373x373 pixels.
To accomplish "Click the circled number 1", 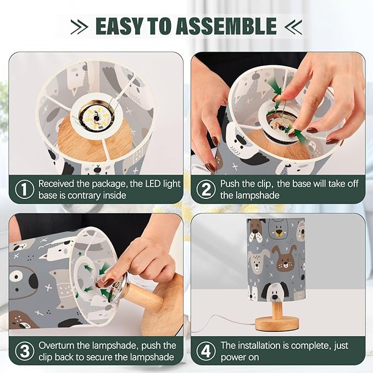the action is (25, 190).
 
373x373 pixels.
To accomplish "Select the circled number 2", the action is (206, 190).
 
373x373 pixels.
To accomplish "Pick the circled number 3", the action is (25, 351).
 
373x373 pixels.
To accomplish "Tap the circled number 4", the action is (206, 351).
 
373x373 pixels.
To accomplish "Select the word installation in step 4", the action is (259, 346).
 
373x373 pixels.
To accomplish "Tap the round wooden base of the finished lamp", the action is (277, 324).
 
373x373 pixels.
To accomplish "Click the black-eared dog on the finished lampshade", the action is (275, 292).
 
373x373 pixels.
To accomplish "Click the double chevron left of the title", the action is (80, 26).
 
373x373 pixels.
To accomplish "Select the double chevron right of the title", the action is (293, 26).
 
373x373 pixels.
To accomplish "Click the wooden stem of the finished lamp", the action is (277, 310).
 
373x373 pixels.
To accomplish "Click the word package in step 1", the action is (109, 185).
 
